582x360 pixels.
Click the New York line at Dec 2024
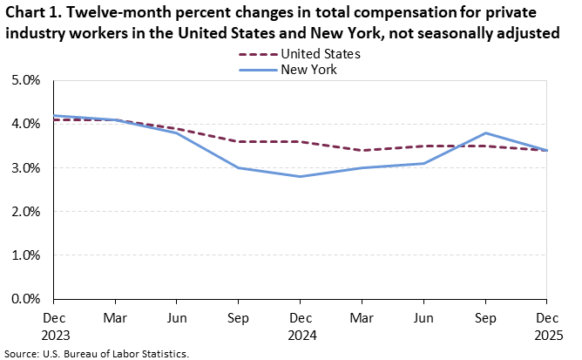pyautogui.click(x=300, y=177)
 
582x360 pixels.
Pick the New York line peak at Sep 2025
pyautogui.click(x=485, y=133)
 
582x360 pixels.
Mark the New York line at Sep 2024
pyautogui.click(x=238, y=167)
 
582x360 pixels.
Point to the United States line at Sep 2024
pyautogui.click(x=238, y=141)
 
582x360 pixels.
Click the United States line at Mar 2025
pyautogui.click(x=362, y=150)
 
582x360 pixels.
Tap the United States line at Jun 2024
pyautogui.click(x=176, y=128)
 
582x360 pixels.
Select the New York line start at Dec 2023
pyautogui.click(x=53, y=115)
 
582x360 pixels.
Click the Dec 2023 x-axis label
pyautogui.click(x=53, y=325)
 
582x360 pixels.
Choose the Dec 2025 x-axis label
pyautogui.click(x=547, y=325)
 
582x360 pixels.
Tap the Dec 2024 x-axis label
pyautogui.click(x=300, y=325)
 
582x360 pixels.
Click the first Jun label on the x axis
pyautogui.click(x=176, y=318)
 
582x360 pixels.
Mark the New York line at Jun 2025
pyautogui.click(x=423, y=163)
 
